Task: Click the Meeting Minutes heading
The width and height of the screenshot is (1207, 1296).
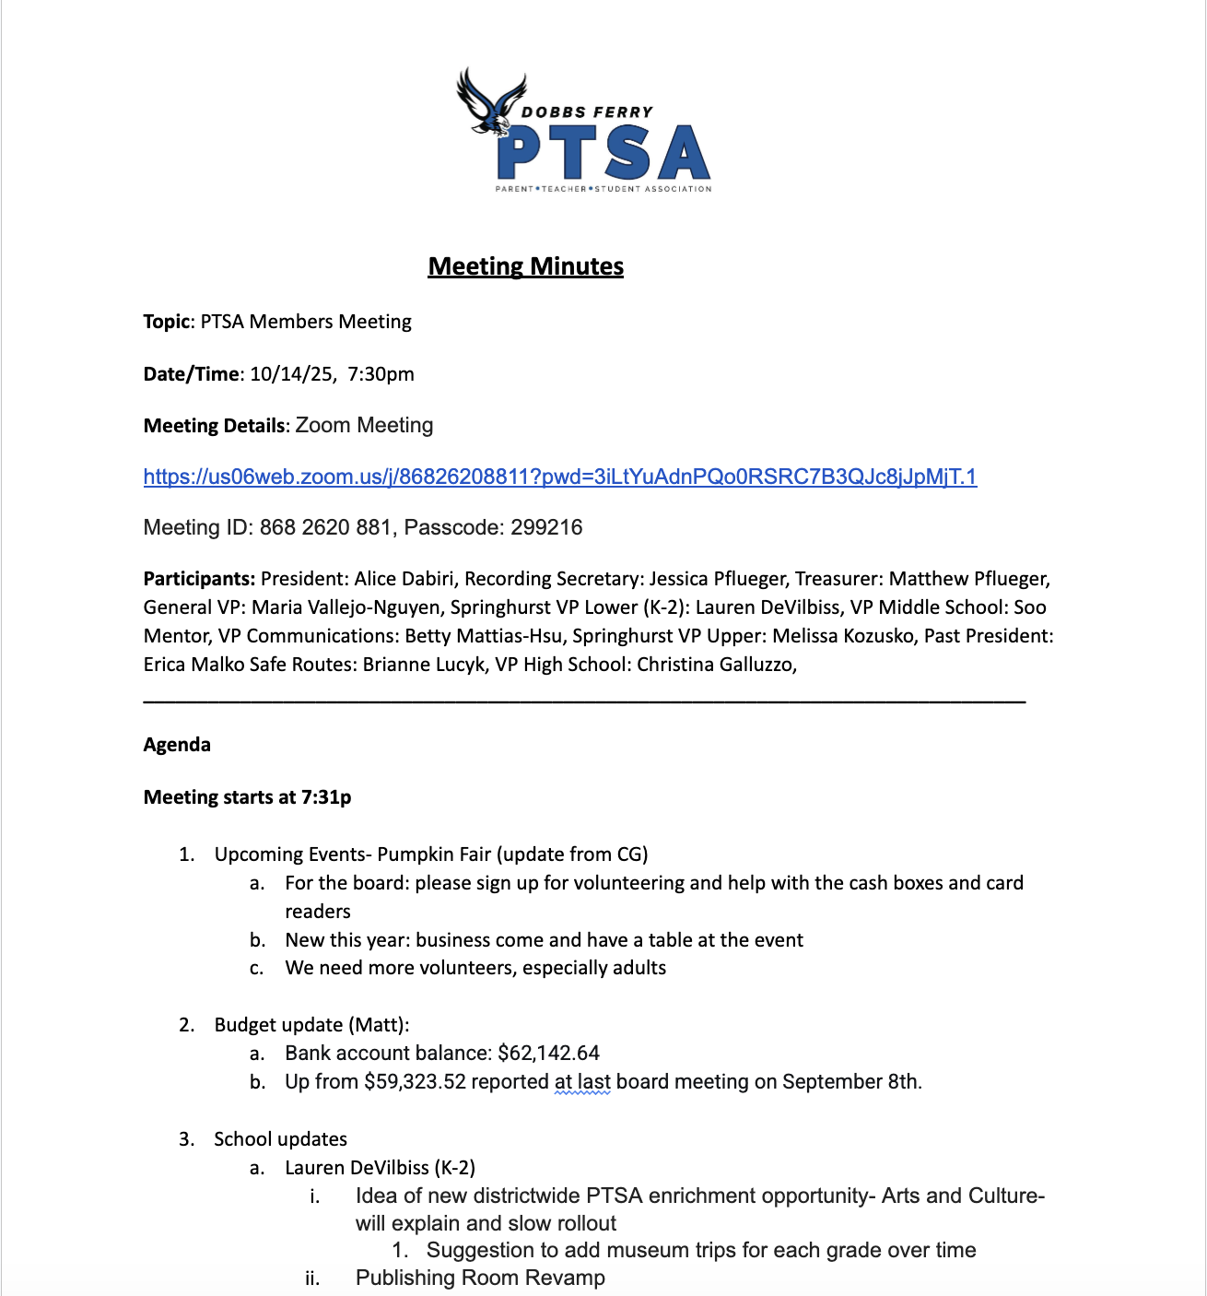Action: (525, 266)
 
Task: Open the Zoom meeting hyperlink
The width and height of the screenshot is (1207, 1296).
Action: (559, 477)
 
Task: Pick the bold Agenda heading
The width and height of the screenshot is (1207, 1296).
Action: (177, 745)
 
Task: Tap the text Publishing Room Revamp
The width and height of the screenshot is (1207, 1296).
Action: (480, 1278)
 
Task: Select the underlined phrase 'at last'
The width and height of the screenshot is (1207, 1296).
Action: (582, 1081)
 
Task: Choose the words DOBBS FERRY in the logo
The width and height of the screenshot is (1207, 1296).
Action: (587, 112)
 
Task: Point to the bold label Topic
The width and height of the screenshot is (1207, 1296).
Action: (167, 322)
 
